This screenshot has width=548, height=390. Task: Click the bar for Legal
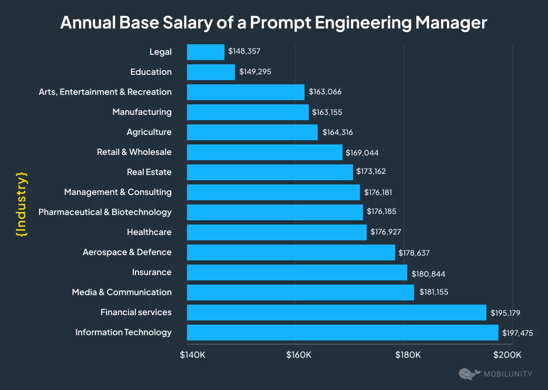[x=205, y=52]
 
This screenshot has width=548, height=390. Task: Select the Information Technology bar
[x=342, y=332]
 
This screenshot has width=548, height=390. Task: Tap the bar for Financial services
[x=336, y=312]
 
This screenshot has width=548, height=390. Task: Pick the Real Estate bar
[x=270, y=172]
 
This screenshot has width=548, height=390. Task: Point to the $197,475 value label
[x=518, y=332]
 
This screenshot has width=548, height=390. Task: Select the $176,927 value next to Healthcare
[x=386, y=232]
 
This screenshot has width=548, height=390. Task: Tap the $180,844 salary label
[x=427, y=272]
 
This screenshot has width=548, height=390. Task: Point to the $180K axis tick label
[x=408, y=354]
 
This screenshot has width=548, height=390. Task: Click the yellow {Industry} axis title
[x=22, y=203]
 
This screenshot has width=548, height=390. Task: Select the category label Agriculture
[x=149, y=132]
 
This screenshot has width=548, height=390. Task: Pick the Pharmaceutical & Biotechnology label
[x=105, y=212]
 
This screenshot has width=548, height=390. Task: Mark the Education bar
[x=211, y=72]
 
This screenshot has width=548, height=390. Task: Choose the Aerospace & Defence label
[x=127, y=252]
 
